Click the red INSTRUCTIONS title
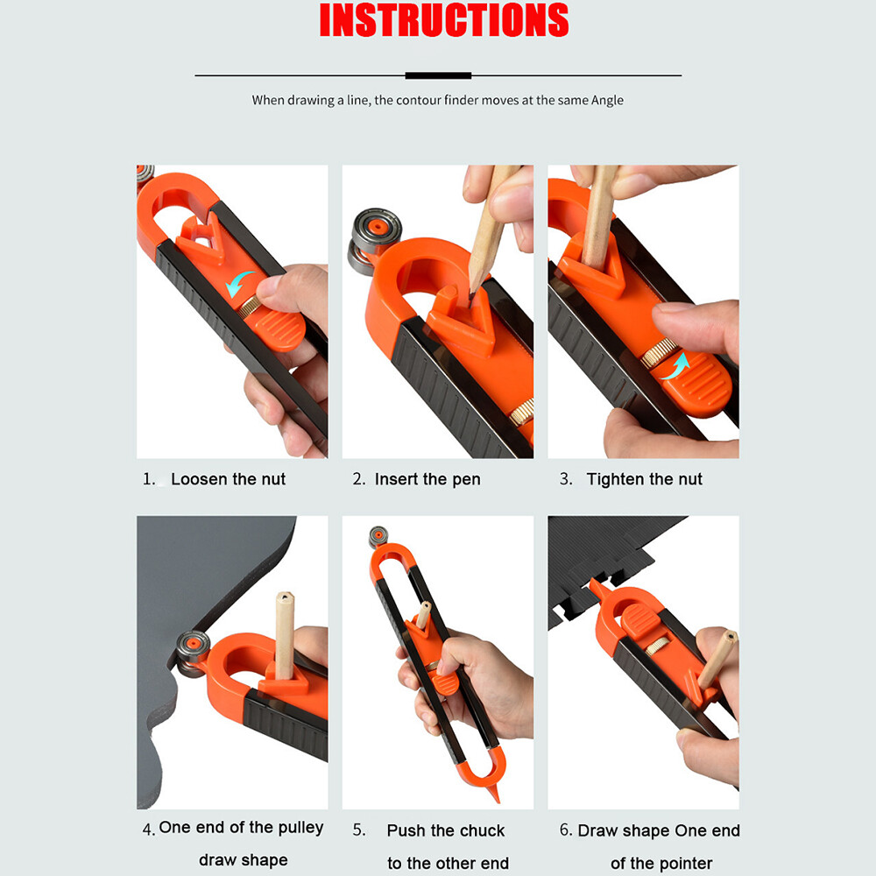coord(444,21)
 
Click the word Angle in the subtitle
coord(605,100)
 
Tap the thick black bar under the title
coord(437,76)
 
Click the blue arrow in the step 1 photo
coord(238,282)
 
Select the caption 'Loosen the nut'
coord(228,479)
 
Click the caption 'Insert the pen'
coord(427,479)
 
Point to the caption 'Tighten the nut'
coord(644,479)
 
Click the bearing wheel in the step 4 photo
coord(193,652)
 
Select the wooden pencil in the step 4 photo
coord(284,635)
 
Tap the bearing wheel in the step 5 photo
coord(378,536)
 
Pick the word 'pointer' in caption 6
coord(684,864)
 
